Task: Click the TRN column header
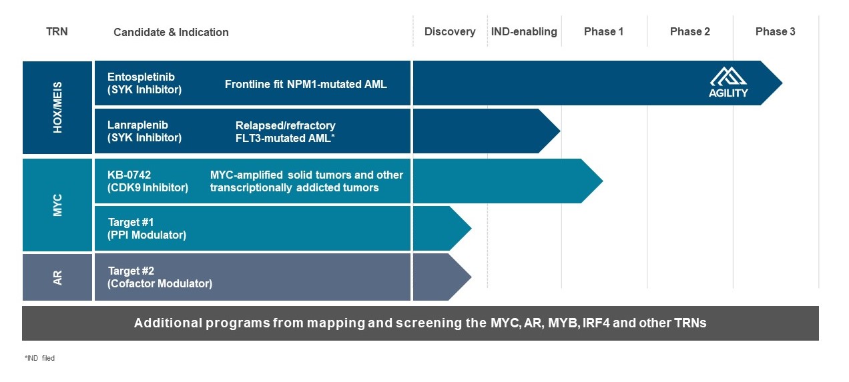(x=57, y=31)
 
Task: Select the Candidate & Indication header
(x=171, y=32)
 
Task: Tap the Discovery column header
(x=450, y=31)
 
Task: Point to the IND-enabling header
(x=524, y=31)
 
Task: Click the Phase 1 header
(x=603, y=31)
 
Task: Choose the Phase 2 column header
(x=689, y=31)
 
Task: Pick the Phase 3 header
(x=775, y=31)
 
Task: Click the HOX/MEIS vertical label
(x=57, y=107)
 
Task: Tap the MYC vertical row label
(x=57, y=205)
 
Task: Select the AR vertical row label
(x=57, y=277)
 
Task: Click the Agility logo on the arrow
(x=728, y=83)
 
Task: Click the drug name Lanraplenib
(x=137, y=125)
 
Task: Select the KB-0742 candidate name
(x=129, y=175)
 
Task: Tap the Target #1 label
(x=131, y=222)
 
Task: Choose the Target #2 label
(x=131, y=271)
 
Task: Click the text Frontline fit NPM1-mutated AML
(x=306, y=85)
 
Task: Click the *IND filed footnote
(x=39, y=359)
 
